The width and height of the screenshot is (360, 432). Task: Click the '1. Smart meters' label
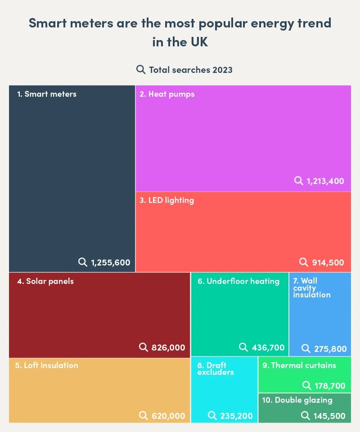(x=47, y=94)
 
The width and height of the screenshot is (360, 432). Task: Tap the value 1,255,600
(x=110, y=262)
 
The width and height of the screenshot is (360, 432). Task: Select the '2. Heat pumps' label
(x=167, y=94)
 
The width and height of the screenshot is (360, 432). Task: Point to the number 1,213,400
(x=325, y=181)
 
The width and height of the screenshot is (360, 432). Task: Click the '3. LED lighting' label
(x=166, y=200)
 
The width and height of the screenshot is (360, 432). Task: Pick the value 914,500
(x=328, y=262)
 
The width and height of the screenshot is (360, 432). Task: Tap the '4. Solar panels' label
(x=45, y=281)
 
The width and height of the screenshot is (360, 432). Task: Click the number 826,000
(x=168, y=347)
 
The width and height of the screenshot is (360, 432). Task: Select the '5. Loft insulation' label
(x=46, y=365)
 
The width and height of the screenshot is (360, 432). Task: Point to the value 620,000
(x=168, y=416)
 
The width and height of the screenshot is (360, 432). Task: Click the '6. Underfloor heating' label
(x=238, y=281)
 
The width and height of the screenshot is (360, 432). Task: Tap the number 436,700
(x=268, y=347)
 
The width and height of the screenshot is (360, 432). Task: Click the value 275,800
(x=330, y=348)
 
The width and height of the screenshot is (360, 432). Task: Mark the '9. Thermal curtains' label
(x=299, y=365)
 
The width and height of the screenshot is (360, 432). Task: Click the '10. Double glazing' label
(x=297, y=400)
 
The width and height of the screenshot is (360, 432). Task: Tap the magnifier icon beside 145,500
(x=306, y=415)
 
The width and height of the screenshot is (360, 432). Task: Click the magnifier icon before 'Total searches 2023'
(x=141, y=69)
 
